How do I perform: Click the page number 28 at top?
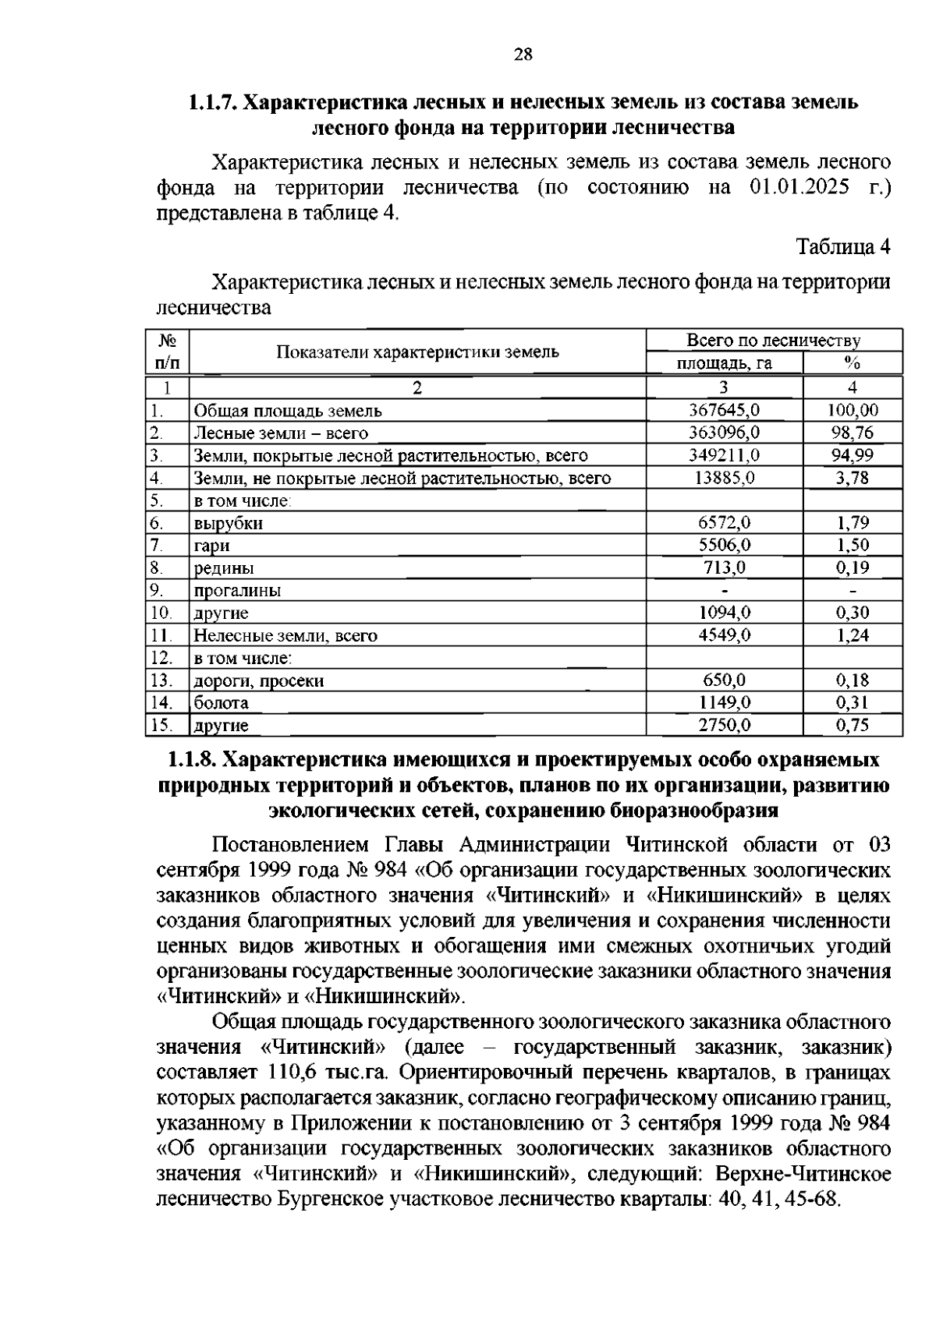point(523,55)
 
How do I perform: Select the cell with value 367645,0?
point(724,410)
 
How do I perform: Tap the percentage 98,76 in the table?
point(852,433)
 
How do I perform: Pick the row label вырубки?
point(228,523)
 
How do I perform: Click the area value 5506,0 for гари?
point(724,546)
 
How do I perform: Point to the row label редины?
point(224,568)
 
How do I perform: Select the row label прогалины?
point(237,591)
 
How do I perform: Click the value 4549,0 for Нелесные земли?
point(724,635)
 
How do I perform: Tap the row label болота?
point(222,702)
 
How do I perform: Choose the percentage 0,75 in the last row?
point(852,725)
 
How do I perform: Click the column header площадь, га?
point(724,363)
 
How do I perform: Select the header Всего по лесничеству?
point(773,341)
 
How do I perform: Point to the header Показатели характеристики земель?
point(417,352)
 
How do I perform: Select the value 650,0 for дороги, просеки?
point(724,680)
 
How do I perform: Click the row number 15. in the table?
point(161,725)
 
